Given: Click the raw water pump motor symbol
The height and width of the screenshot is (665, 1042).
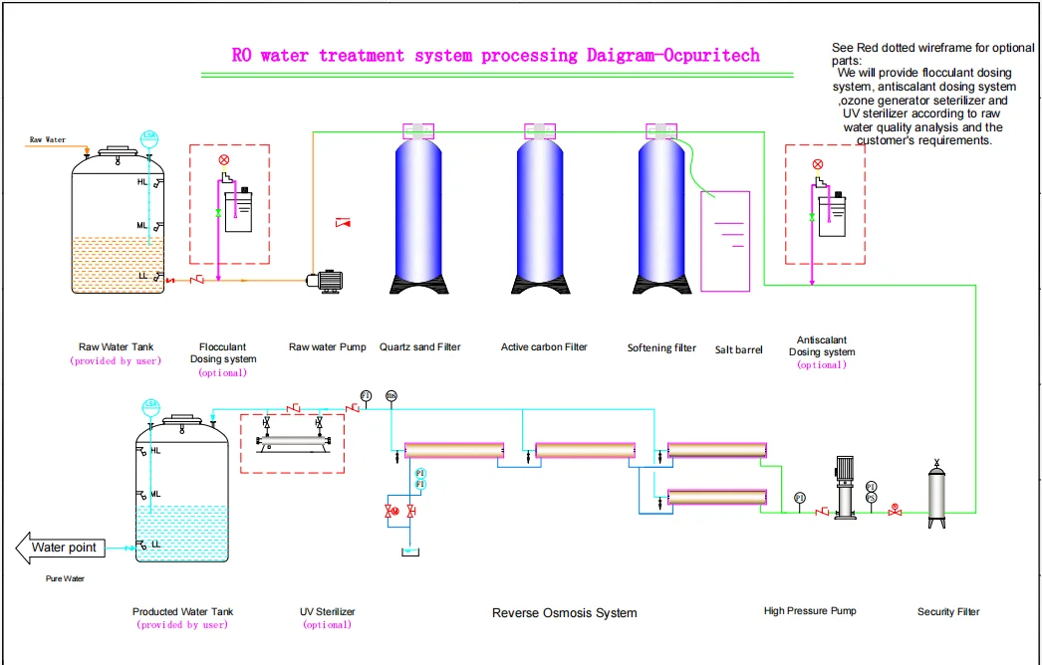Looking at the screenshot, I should click(x=325, y=282).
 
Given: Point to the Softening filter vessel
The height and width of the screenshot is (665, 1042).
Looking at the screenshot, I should click(x=661, y=214).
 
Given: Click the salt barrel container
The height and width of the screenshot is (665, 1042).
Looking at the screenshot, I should click(x=725, y=241).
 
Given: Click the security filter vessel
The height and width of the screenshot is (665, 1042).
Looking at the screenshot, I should click(x=936, y=495).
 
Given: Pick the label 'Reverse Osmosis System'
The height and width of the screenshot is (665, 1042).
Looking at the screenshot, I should click(x=564, y=613).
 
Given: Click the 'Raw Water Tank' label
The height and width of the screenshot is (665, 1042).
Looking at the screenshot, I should click(x=116, y=347).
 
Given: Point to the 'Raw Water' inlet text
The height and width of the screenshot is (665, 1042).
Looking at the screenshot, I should click(x=48, y=139).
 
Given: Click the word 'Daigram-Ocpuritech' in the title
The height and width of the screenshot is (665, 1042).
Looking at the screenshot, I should click(x=670, y=56).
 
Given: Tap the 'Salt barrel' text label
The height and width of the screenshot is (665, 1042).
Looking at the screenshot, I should click(x=738, y=350).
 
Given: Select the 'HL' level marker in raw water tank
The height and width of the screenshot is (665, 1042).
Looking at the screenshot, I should click(x=141, y=183).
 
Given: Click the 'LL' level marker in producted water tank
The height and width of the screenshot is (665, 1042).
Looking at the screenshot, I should click(x=156, y=545).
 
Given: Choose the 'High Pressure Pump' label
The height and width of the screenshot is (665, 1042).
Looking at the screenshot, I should click(x=810, y=610).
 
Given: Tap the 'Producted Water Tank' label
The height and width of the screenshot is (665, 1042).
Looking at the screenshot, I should click(x=182, y=612).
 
